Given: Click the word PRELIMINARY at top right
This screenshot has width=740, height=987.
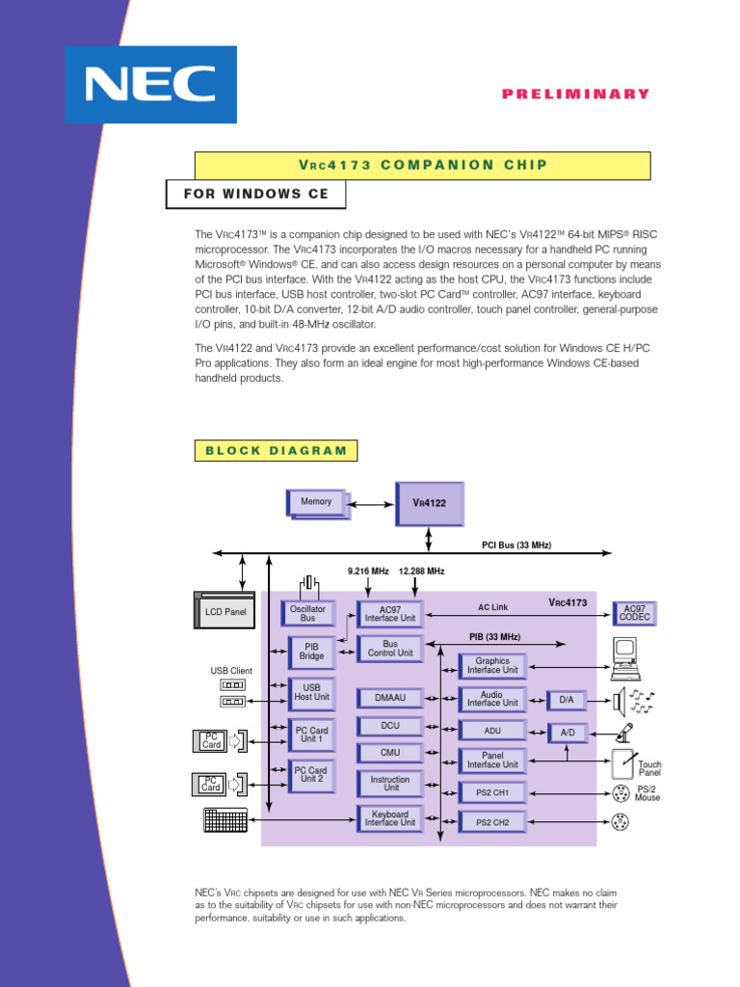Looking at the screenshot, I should pos(576,93).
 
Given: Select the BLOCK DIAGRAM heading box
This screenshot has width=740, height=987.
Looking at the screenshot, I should pos(276,450).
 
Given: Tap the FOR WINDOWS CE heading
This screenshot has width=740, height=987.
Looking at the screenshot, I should pos(256,194).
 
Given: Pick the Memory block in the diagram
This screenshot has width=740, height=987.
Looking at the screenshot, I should pos(316,502).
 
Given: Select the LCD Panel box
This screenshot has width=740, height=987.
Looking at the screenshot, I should pos(225,612).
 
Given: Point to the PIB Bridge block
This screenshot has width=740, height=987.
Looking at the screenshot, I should pos(312,651).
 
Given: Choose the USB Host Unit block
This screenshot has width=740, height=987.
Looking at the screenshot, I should pos(312,691).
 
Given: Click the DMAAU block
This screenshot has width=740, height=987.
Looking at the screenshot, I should pos(391,697).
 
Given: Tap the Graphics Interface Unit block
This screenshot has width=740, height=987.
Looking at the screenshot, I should pos(492,665).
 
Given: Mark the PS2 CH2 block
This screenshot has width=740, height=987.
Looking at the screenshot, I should pos(492,822).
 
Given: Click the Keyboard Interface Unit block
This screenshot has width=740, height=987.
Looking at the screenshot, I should pos(390,818).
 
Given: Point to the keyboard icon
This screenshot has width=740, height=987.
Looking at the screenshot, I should pos(225,819).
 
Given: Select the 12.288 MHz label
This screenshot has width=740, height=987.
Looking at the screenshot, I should pos(421,572).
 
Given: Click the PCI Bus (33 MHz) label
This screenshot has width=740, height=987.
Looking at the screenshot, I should pos(516,546).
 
